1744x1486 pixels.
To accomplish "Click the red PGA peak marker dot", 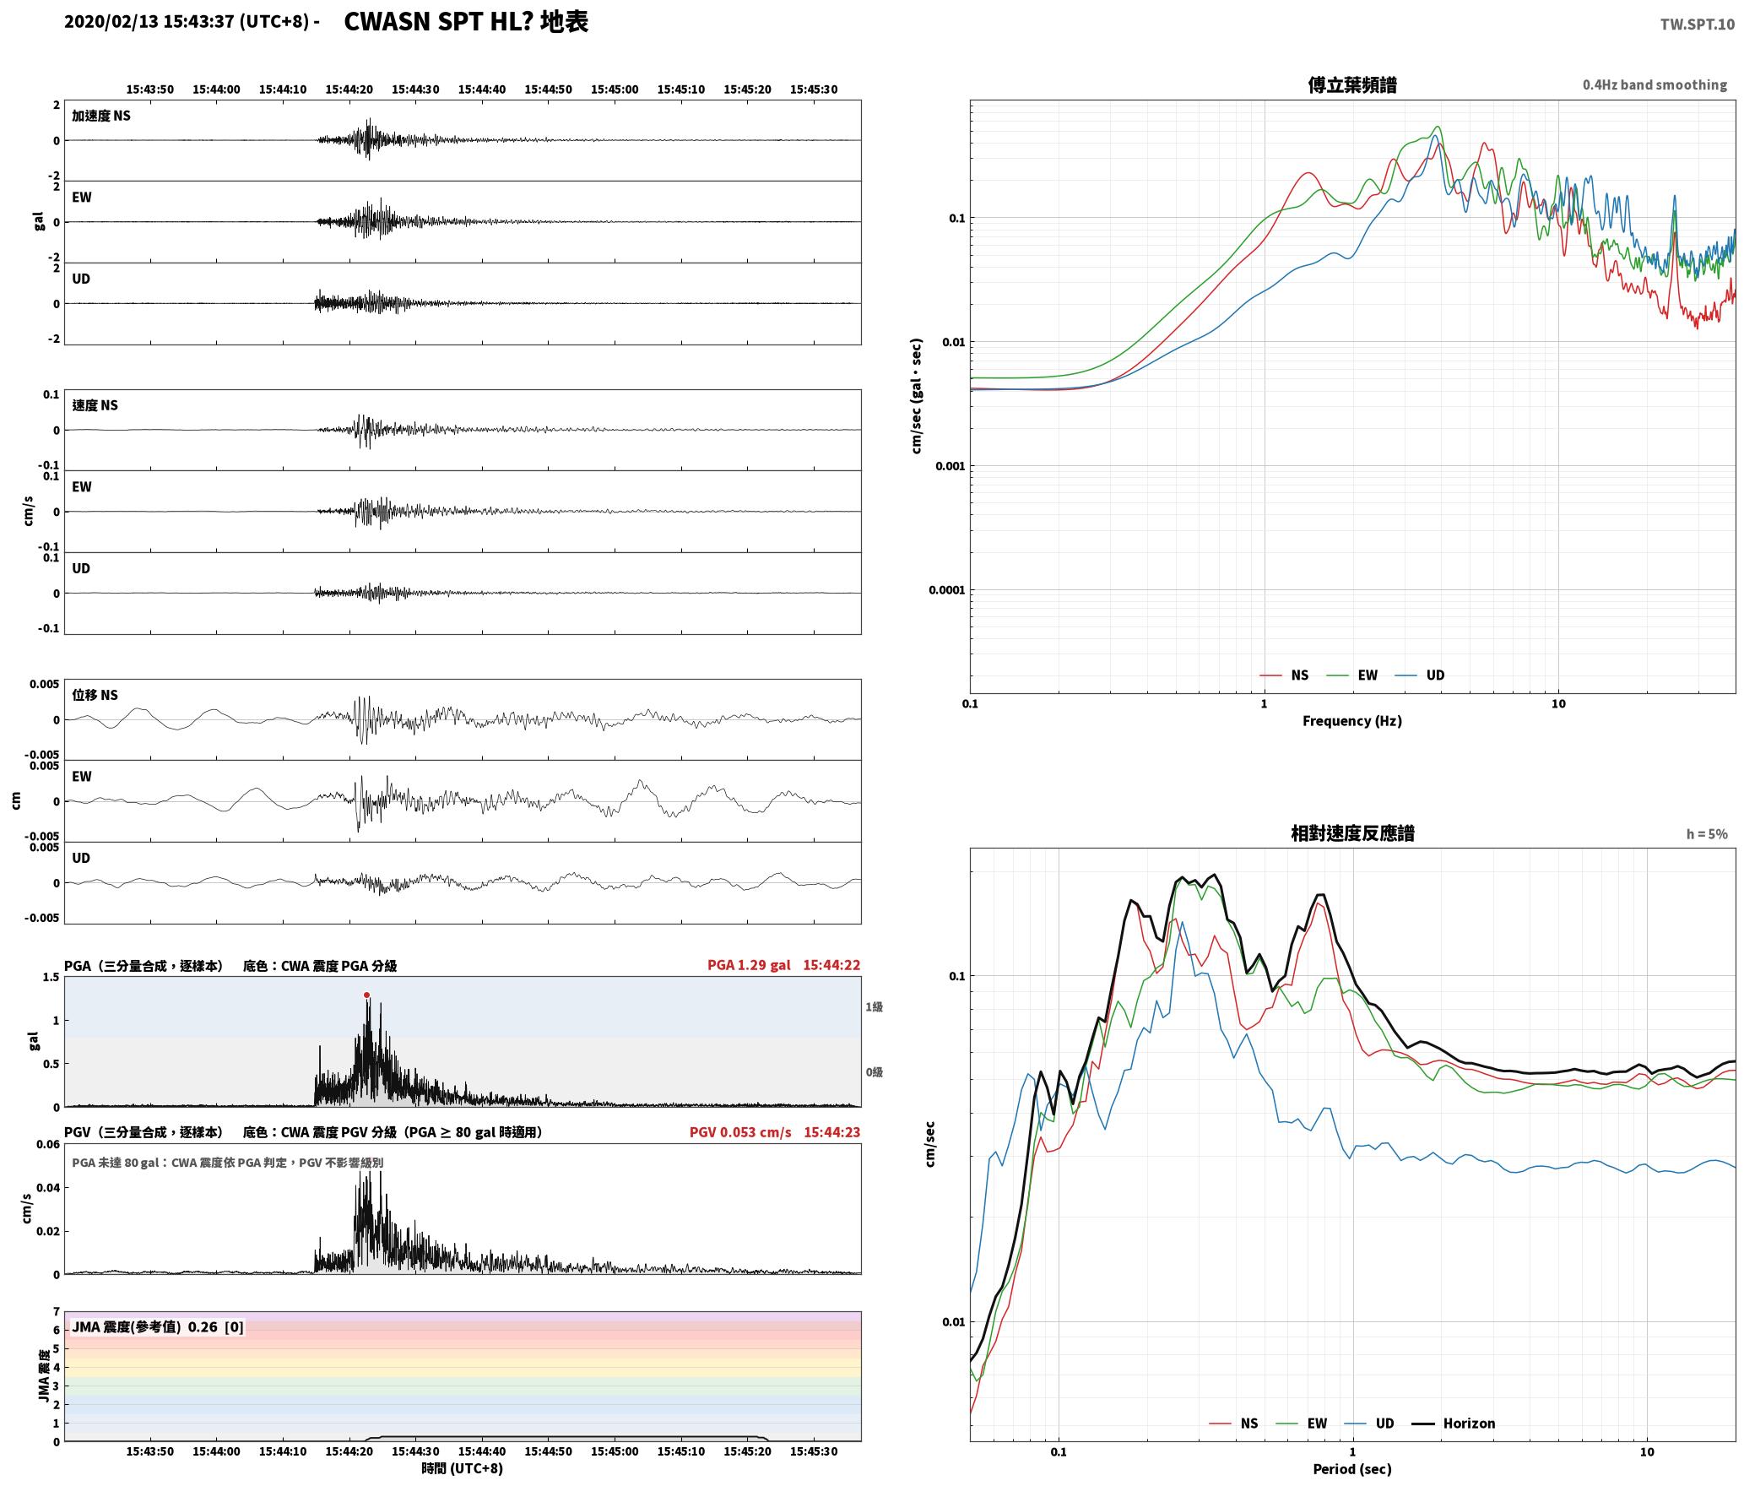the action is coord(366,995).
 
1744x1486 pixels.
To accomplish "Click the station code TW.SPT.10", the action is coord(1698,24).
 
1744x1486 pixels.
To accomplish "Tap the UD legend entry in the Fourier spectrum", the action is coord(1420,675).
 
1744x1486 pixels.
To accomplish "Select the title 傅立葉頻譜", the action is coord(1351,84).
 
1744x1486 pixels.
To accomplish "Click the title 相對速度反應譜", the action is coord(1352,833).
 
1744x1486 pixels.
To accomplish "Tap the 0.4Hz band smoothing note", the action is coord(1655,84).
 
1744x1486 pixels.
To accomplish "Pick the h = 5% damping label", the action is coord(1707,834).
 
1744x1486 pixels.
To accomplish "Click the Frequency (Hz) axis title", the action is coord(1351,720).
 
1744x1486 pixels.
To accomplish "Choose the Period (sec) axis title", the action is coord(1351,1469).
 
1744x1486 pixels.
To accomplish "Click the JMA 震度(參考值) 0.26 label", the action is coord(144,1327).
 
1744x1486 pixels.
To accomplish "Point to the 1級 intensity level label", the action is coord(874,1006).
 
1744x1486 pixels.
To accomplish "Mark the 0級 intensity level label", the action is coord(874,1072).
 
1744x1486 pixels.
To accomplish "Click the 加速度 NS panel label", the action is coord(101,116).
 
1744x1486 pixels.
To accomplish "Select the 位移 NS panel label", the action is coord(95,695).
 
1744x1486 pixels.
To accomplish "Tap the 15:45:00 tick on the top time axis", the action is coord(615,89).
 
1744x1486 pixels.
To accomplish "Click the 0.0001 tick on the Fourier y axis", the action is coord(946,590).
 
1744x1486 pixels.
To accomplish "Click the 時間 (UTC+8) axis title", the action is coord(463,1468).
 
